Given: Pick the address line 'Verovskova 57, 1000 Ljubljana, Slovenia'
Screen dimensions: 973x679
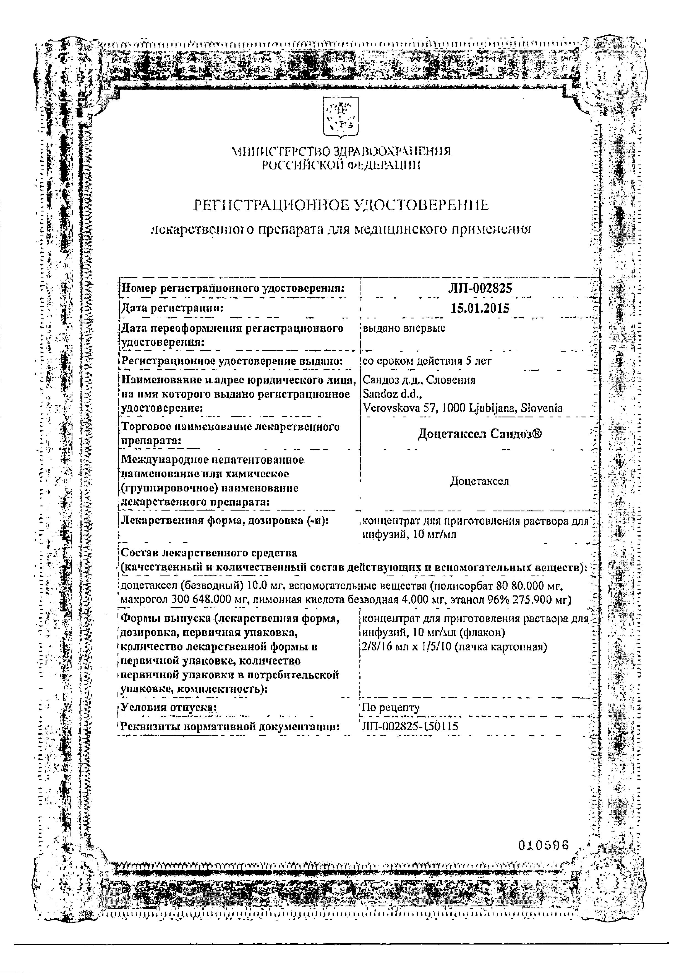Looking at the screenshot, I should (463, 408).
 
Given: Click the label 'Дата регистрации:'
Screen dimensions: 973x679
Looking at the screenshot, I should (173, 308).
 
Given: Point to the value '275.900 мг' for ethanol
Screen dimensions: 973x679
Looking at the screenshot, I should (536, 600).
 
